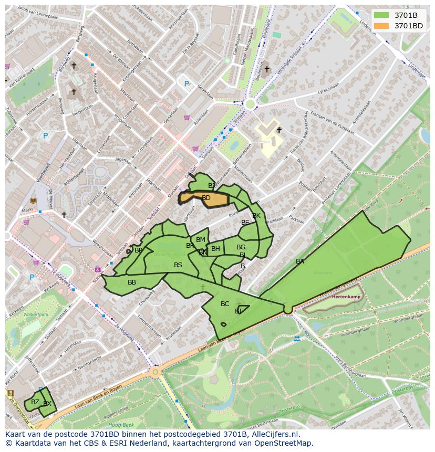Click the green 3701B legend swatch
[382, 15]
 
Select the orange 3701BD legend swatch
[382, 25]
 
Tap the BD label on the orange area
[206, 198]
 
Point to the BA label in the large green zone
[299, 261]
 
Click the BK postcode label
[256, 216]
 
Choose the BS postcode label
[178, 265]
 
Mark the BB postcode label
[132, 282]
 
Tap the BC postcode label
[225, 304]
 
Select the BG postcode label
[241, 247]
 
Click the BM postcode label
[200, 240]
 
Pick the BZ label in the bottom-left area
[35, 402]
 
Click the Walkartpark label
[36, 315]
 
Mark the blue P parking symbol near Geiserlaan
[186, 83]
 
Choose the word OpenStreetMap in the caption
[285, 443]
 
